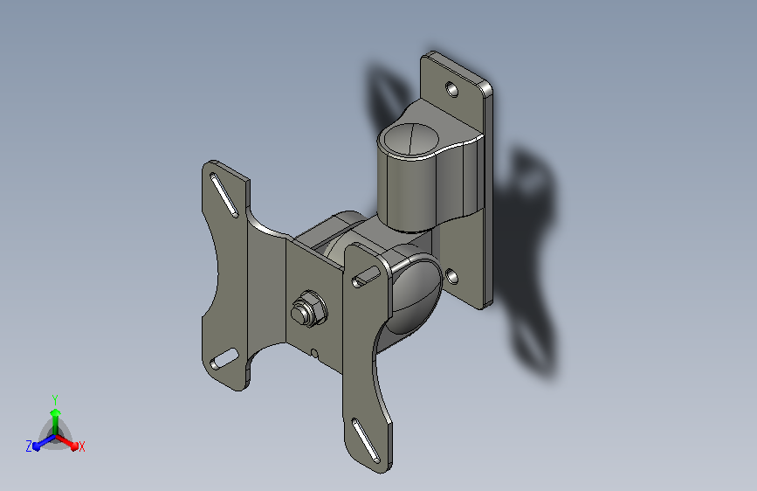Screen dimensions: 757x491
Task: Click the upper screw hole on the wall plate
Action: (452, 89)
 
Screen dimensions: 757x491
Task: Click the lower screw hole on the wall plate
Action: (452, 277)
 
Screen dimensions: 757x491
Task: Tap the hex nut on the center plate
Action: (309, 309)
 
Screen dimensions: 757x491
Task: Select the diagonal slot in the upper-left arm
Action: (224, 195)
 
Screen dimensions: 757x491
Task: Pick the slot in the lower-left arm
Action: (224, 359)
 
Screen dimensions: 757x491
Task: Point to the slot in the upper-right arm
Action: (367, 276)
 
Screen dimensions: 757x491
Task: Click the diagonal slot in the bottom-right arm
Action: (366, 440)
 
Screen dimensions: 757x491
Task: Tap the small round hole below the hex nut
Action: (314, 353)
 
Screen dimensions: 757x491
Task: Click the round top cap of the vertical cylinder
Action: (411, 139)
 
